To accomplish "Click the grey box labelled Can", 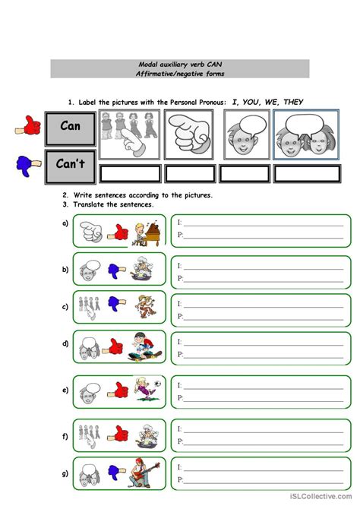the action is coord(71,128).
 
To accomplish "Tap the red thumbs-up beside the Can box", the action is coord(27,127).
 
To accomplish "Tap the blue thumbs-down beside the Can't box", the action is coord(27,163).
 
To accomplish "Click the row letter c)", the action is coord(65,308).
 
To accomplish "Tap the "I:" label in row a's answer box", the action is coord(179,223).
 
